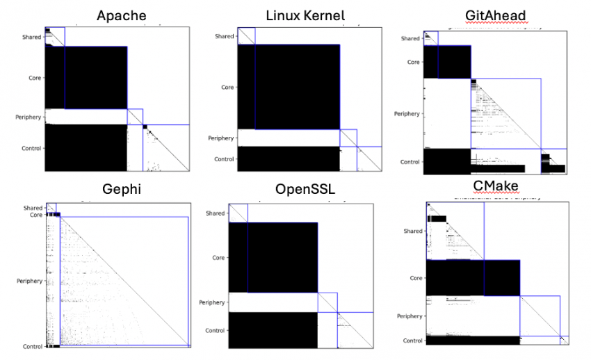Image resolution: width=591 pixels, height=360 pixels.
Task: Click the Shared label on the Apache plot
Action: click(x=32, y=37)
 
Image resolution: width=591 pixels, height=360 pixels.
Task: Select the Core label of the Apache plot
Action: click(x=34, y=79)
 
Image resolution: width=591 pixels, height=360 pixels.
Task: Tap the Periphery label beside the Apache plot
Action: click(x=29, y=117)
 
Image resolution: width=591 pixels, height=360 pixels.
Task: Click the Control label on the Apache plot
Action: click(x=31, y=148)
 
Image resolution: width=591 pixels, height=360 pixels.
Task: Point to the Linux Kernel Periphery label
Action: click(x=221, y=138)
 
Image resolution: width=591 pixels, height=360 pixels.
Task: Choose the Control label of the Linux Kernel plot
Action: click(x=224, y=159)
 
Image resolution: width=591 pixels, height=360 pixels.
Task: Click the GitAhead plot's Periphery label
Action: click(x=407, y=113)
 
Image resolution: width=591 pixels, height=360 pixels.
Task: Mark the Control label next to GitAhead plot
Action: click(x=410, y=162)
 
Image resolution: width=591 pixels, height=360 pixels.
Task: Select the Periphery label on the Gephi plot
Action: click(x=29, y=281)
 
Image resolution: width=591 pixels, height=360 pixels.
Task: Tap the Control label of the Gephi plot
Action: click(x=31, y=346)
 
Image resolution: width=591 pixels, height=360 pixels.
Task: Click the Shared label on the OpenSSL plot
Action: click(x=215, y=213)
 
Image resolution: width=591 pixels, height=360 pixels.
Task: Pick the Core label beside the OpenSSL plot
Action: click(x=218, y=258)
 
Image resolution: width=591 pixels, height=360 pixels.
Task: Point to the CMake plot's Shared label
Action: click(x=412, y=231)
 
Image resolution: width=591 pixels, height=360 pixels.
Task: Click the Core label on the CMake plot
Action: click(x=415, y=278)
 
